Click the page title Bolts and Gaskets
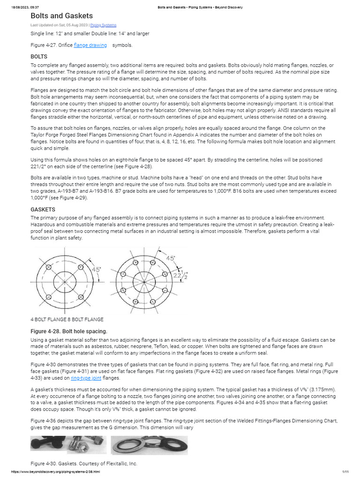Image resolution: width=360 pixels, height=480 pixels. [x=61, y=16]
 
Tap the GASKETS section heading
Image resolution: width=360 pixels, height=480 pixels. [x=43, y=209]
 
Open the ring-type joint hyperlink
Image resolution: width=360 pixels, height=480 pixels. [x=86, y=378]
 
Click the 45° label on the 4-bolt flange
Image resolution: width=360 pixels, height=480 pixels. [x=96, y=270]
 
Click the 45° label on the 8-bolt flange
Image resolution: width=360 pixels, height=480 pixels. [x=171, y=258]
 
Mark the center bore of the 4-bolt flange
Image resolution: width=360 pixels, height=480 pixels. [x=64, y=283]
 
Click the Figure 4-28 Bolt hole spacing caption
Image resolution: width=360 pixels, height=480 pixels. [x=69, y=331]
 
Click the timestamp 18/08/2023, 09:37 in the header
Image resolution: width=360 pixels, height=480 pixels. [x=25, y=7]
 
